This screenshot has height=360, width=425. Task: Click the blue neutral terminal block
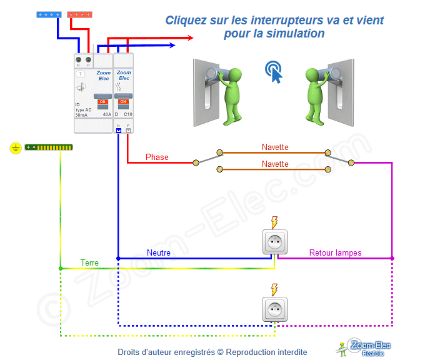click(x=49, y=14)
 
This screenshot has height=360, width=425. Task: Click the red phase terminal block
click(x=81, y=14)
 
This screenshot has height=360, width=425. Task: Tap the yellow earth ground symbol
click(x=16, y=148)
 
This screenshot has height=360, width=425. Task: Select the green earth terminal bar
click(x=49, y=147)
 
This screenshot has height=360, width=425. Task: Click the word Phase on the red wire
click(x=157, y=157)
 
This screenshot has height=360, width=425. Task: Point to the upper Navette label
click(x=275, y=147)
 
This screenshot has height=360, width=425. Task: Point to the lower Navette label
click(x=275, y=164)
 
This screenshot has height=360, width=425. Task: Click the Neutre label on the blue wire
click(x=159, y=253)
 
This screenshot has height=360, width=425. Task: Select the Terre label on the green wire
click(x=89, y=262)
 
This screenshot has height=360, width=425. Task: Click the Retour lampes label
click(x=336, y=253)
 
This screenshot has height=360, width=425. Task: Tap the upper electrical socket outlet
click(x=274, y=242)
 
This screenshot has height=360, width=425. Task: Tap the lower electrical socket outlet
click(x=274, y=309)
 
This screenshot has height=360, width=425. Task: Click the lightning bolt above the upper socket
click(x=274, y=221)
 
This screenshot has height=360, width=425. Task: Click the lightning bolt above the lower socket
click(x=274, y=289)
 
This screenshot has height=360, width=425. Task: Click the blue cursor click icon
click(x=273, y=71)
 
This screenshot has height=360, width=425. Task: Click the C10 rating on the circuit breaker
click(x=127, y=115)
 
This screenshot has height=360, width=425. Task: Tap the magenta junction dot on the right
click(x=392, y=257)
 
